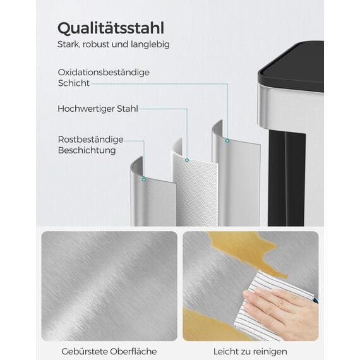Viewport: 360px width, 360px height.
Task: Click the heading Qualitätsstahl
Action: pos(111,28)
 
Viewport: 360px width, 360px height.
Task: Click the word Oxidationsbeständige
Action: pos(103,72)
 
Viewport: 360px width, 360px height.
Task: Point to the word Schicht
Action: pos(73,83)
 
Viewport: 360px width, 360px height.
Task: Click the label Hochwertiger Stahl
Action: pos(97,109)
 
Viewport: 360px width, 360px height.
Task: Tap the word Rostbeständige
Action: pos(90,140)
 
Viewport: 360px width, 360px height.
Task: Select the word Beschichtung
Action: pos(87,150)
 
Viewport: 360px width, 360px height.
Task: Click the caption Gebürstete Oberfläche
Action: pos(109,351)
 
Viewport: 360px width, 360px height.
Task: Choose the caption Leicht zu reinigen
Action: pos(250,351)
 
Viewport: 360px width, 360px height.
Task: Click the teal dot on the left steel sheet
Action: pos(144,179)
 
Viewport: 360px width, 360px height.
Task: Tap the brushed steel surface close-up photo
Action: pos(109,285)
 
